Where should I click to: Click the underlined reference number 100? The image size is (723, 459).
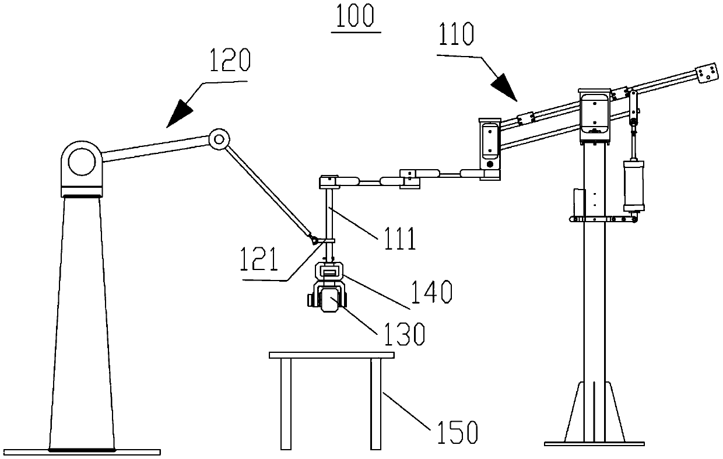pos(355,16)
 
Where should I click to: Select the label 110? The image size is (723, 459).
pos(456,34)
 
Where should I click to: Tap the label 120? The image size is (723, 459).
pos(230,60)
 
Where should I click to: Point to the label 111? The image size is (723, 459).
pos(399,239)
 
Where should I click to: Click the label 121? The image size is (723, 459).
pos(258,259)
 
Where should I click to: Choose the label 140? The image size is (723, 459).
pos(431,292)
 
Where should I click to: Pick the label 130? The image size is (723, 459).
pos(404,334)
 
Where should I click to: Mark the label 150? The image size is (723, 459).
pos(457,432)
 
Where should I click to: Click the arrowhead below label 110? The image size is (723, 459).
pos(505,87)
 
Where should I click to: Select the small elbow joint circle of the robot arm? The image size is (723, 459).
pos(219,139)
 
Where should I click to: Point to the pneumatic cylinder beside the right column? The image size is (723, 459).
pos(634,185)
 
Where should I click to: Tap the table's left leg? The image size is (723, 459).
pos(286,404)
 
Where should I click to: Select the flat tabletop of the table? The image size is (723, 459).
pos(332,355)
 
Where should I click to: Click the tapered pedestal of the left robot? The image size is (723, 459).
pos(82,323)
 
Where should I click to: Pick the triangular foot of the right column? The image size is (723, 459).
pos(594,412)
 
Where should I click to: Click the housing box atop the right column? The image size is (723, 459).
pos(594,116)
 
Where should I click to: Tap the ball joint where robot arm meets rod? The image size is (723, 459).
pos(314,240)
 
